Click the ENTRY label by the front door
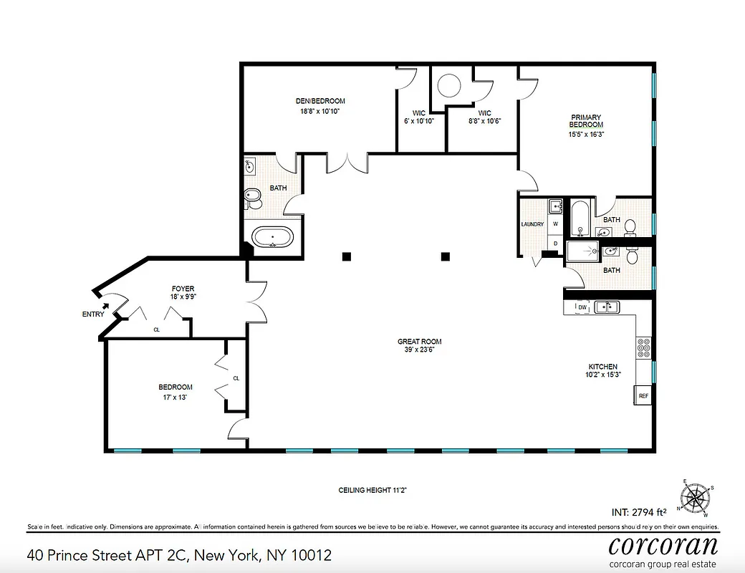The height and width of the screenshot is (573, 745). click(x=93, y=314)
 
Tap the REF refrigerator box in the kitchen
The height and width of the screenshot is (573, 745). click(x=643, y=395)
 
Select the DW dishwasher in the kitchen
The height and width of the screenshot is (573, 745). click(x=582, y=307)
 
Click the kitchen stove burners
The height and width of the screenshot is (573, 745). click(x=643, y=347)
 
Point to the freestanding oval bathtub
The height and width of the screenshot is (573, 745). click(x=273, y=237)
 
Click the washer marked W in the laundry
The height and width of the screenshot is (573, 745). click(x=555, y=224)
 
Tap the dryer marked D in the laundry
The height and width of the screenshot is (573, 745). click(x=555, y=243)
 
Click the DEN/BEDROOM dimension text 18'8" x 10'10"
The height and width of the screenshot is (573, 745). click(x=320, y=111)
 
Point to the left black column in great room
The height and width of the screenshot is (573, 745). click(x=346, y=256)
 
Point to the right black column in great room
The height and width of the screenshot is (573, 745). click(x=446, y=256)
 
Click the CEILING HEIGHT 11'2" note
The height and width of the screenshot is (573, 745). click(x=372, y=491)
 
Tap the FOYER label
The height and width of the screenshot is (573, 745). click(x=183, y=289)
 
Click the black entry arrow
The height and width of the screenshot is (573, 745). click(x=106, y=306)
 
